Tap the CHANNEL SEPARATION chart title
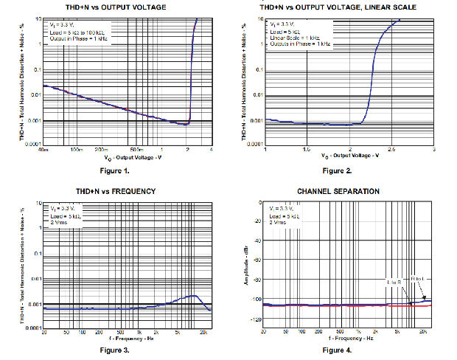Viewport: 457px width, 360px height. point(338,191)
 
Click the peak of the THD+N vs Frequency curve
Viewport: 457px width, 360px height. point(194,296)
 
